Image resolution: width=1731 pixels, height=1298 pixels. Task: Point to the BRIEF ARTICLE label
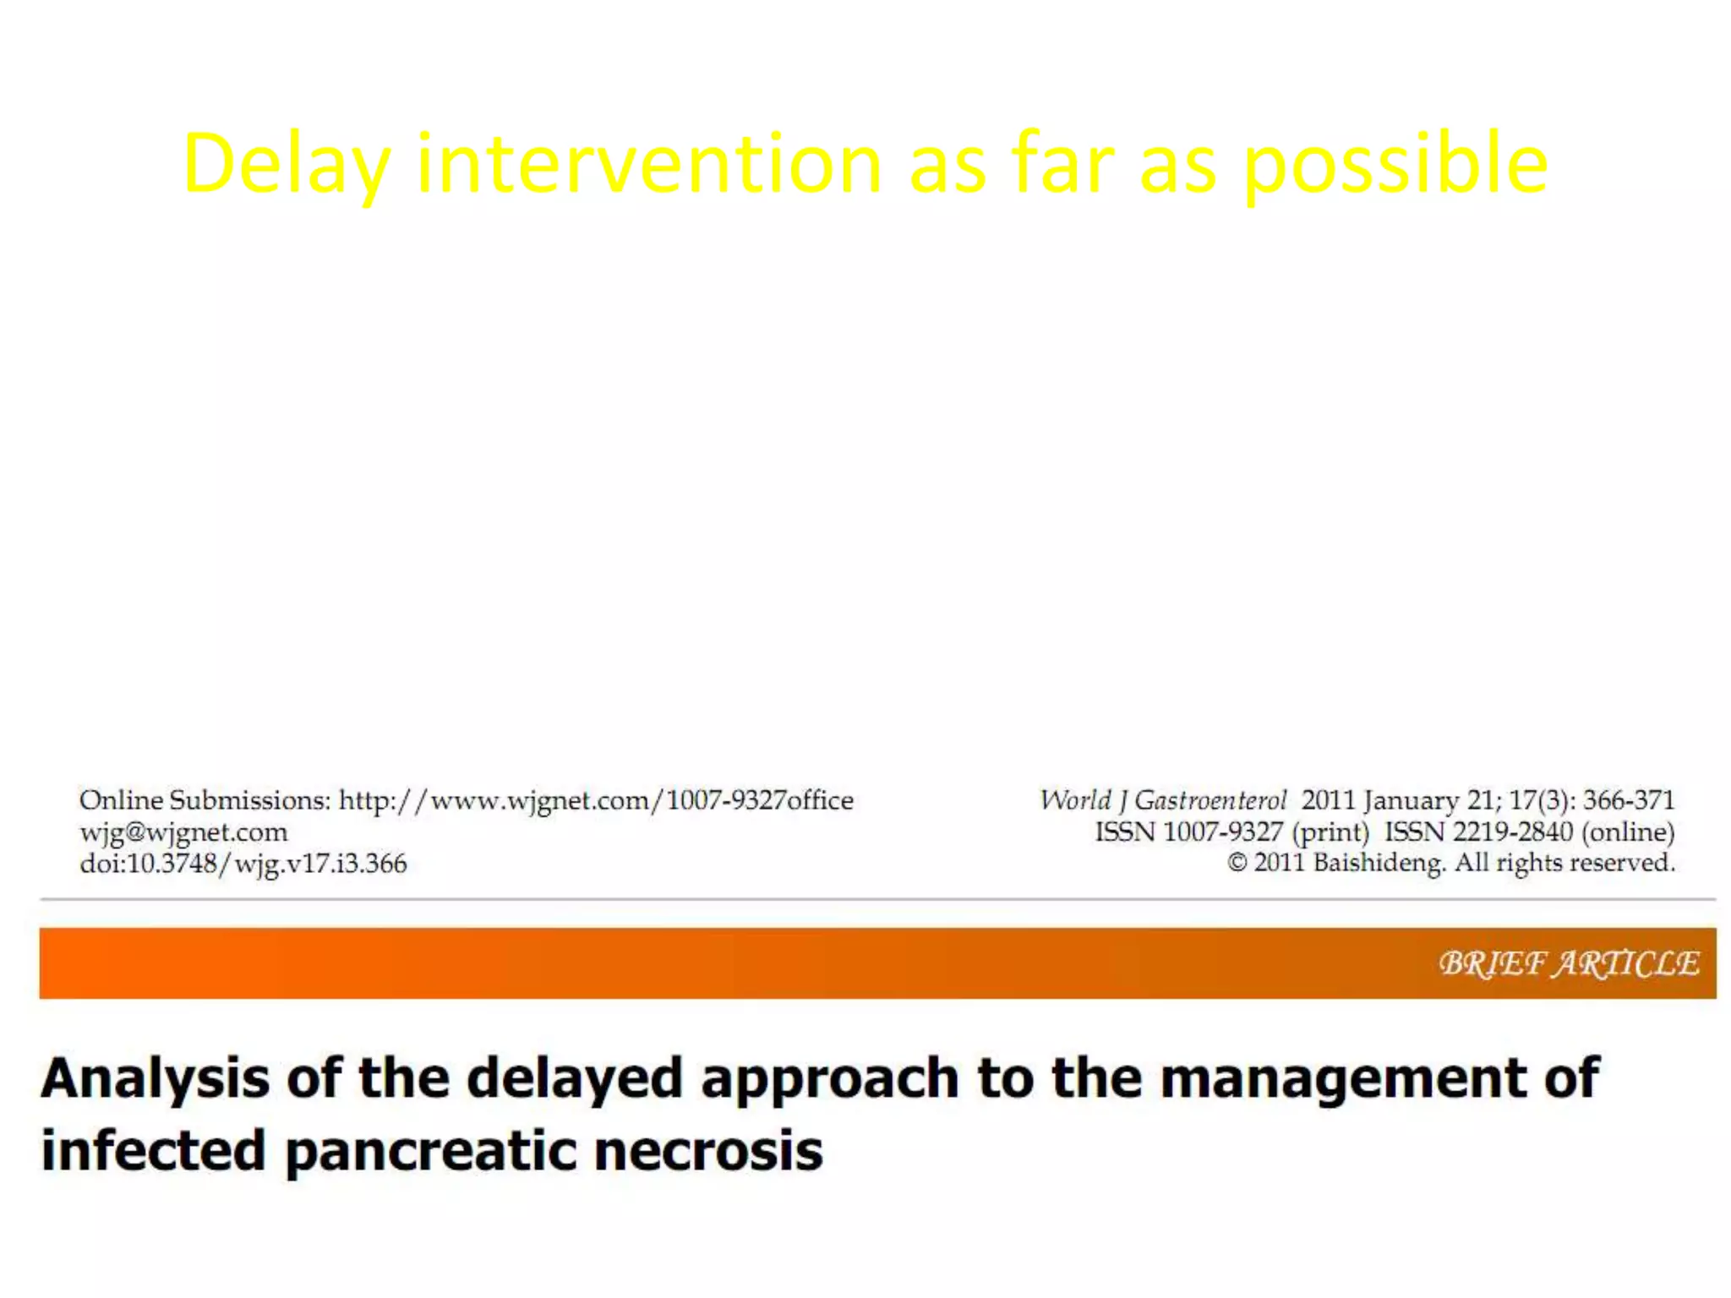[1569, 963]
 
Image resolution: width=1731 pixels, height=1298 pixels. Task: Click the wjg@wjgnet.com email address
[183, 832]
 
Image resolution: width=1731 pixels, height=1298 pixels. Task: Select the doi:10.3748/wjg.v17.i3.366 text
[243, 864]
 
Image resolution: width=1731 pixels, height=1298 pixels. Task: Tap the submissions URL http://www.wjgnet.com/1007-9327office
[596, 800]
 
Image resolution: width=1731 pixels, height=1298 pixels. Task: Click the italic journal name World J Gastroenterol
[1163, 800]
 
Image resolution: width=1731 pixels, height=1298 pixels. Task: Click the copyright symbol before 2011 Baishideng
[1237, 863]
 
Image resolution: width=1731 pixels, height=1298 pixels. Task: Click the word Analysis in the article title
[156, 1079]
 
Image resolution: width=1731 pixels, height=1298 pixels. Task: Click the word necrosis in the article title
[708, 1152]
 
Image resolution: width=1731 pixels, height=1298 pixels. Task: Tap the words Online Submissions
[205, 800]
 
